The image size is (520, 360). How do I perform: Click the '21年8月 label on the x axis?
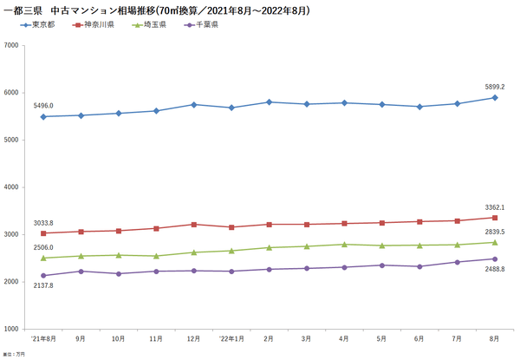pyautogui.click(x=42, y=338)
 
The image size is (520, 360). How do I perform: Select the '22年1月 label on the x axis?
pyautogui.click(x=231, y=338)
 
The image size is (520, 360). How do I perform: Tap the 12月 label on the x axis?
pyautogui.click(x=193, y=338)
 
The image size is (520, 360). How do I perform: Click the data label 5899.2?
pyautogui.click(x=494, y=87)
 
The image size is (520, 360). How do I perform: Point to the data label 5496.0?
pyautogui.click(x=43, y=106)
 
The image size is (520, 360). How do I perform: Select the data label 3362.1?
pyautogui.click(x=494, y=207)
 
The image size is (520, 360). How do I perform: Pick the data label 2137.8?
pyautogui.click(x=43, y=285)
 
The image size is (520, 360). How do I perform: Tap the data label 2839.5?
pyautogui.click(x=494, y=233)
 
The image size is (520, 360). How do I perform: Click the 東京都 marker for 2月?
pyautogui.click(x=269, y=102)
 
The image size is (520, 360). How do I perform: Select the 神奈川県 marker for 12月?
pyautogui.click(x=193, y=225)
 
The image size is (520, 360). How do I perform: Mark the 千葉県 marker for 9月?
pyautogui.click(x=81, y=272)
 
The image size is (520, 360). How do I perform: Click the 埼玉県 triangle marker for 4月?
pyautogui.click(x=344, y=245)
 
